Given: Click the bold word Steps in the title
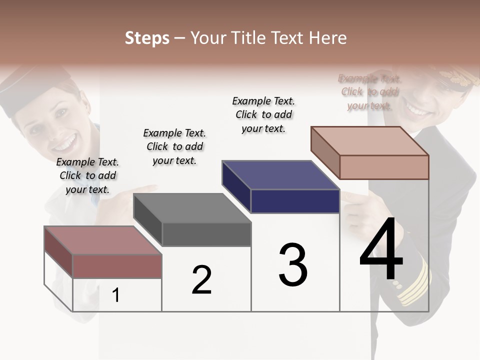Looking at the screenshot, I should pyautogui.click(x=147, y=38).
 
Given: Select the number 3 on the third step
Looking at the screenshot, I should pyautogui.click(x=293, y=265).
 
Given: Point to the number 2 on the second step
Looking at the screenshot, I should pyautogui.click(x=201, y=280).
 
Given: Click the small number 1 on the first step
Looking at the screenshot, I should pyautogui.click(x=116, y=295).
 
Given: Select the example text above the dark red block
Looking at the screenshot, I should pyautogui.click(x=87, y=175).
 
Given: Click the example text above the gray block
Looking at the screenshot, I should pyautogui.click(x=174, y=146).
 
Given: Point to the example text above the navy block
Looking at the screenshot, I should pyautogui.click(x=263, y=114).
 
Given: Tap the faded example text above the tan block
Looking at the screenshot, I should pyautogui.click(x=370, y=92).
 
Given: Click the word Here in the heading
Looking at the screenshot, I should pyautogui.click(x=329, y=38).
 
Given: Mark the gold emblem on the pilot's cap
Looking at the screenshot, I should pyautogui.click(x=457, y=77).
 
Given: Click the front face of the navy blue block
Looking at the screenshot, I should pyautogui.click(x=295, y=201).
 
